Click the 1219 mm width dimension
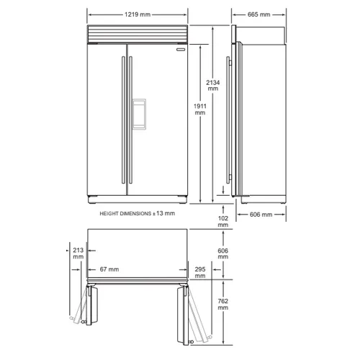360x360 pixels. [138, 14]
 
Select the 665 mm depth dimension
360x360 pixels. [258, 14]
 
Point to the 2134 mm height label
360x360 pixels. [213, 86]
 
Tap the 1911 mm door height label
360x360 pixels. [200, 109]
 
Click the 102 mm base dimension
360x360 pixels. [223, 221]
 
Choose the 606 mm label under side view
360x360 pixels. [261, 215]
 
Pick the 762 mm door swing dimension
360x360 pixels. [223, 304]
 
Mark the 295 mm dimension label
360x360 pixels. [200, 272]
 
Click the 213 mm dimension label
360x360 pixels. [78, 253]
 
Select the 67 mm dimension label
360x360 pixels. [109, 269]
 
